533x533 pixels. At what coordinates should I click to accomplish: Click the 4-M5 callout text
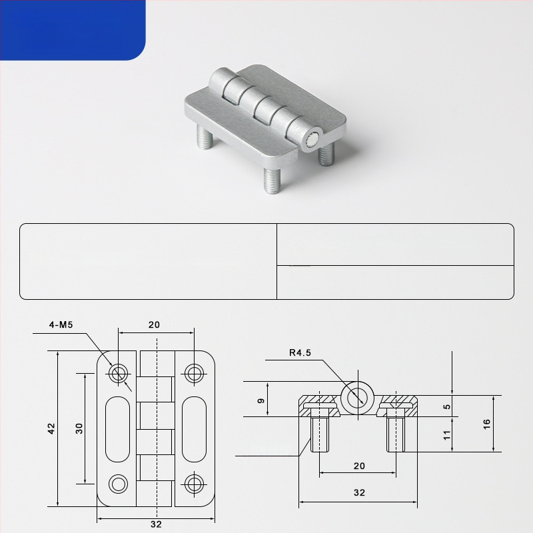61,324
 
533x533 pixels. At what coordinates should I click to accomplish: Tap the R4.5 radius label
300,352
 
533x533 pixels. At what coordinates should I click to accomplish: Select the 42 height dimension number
51,428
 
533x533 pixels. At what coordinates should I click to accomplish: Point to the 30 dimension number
79,428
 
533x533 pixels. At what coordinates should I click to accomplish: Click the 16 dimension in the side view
486,424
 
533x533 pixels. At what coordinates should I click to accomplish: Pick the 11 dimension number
446,435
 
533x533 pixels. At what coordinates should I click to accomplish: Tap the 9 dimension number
261,401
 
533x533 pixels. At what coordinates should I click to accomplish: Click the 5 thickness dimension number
447,406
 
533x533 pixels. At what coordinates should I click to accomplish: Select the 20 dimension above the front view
154,324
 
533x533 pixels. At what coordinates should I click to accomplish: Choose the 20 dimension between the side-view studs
359,466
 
